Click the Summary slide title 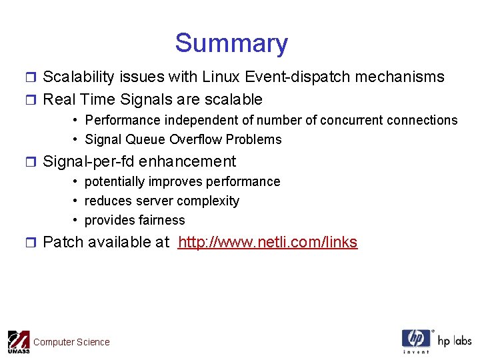point(231,43)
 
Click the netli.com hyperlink point(267,242)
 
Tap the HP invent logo point(416,341)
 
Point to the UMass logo point(19,341)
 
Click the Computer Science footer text point(71,342)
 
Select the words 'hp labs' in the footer point(455,341)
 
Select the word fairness point(160,220)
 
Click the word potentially point(115,181)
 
